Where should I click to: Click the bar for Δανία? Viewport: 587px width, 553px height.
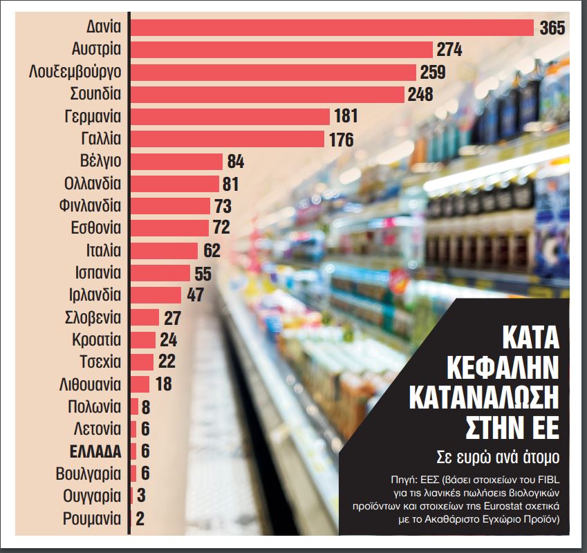(332, 28)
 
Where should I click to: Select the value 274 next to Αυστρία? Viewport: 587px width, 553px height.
(449, 50)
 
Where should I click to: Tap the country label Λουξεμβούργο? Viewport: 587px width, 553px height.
(76, 72)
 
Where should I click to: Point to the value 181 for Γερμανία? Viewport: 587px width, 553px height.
(345, 116)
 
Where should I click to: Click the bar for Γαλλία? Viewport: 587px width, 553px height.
(227, 139)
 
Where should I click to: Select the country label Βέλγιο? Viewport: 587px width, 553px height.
(101, 161)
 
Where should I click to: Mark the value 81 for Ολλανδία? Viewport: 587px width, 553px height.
(230, 184)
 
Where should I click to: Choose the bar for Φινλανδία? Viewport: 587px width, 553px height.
(170, 206)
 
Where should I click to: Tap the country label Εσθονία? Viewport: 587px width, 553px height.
(96, 228)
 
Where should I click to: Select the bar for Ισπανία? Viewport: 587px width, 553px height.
(160, 272)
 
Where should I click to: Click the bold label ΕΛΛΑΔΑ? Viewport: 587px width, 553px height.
(95, 451)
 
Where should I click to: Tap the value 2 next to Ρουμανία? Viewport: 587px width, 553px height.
(140, 518)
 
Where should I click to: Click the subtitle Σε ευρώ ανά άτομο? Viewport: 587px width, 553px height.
(497, 457)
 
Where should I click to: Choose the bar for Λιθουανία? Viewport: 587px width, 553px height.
(140, 384)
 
